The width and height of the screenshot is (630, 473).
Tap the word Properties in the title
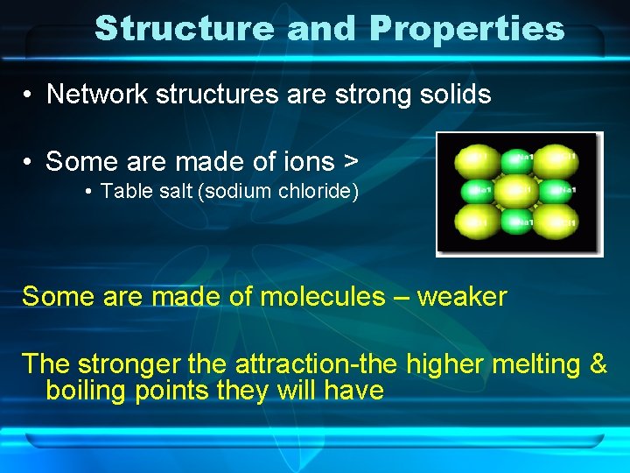(x=466, y=28)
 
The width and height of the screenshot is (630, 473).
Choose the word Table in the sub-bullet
(x=124, y=191)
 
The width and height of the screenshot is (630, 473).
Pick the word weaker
(x=461, y=296)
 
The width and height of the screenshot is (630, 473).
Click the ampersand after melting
(x=598, y=363)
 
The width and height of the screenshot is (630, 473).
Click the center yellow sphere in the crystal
(x=520, y=189)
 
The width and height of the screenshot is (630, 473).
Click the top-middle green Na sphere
(x=521, y=158)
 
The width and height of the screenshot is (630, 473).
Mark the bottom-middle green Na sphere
(x=519, y=222)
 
